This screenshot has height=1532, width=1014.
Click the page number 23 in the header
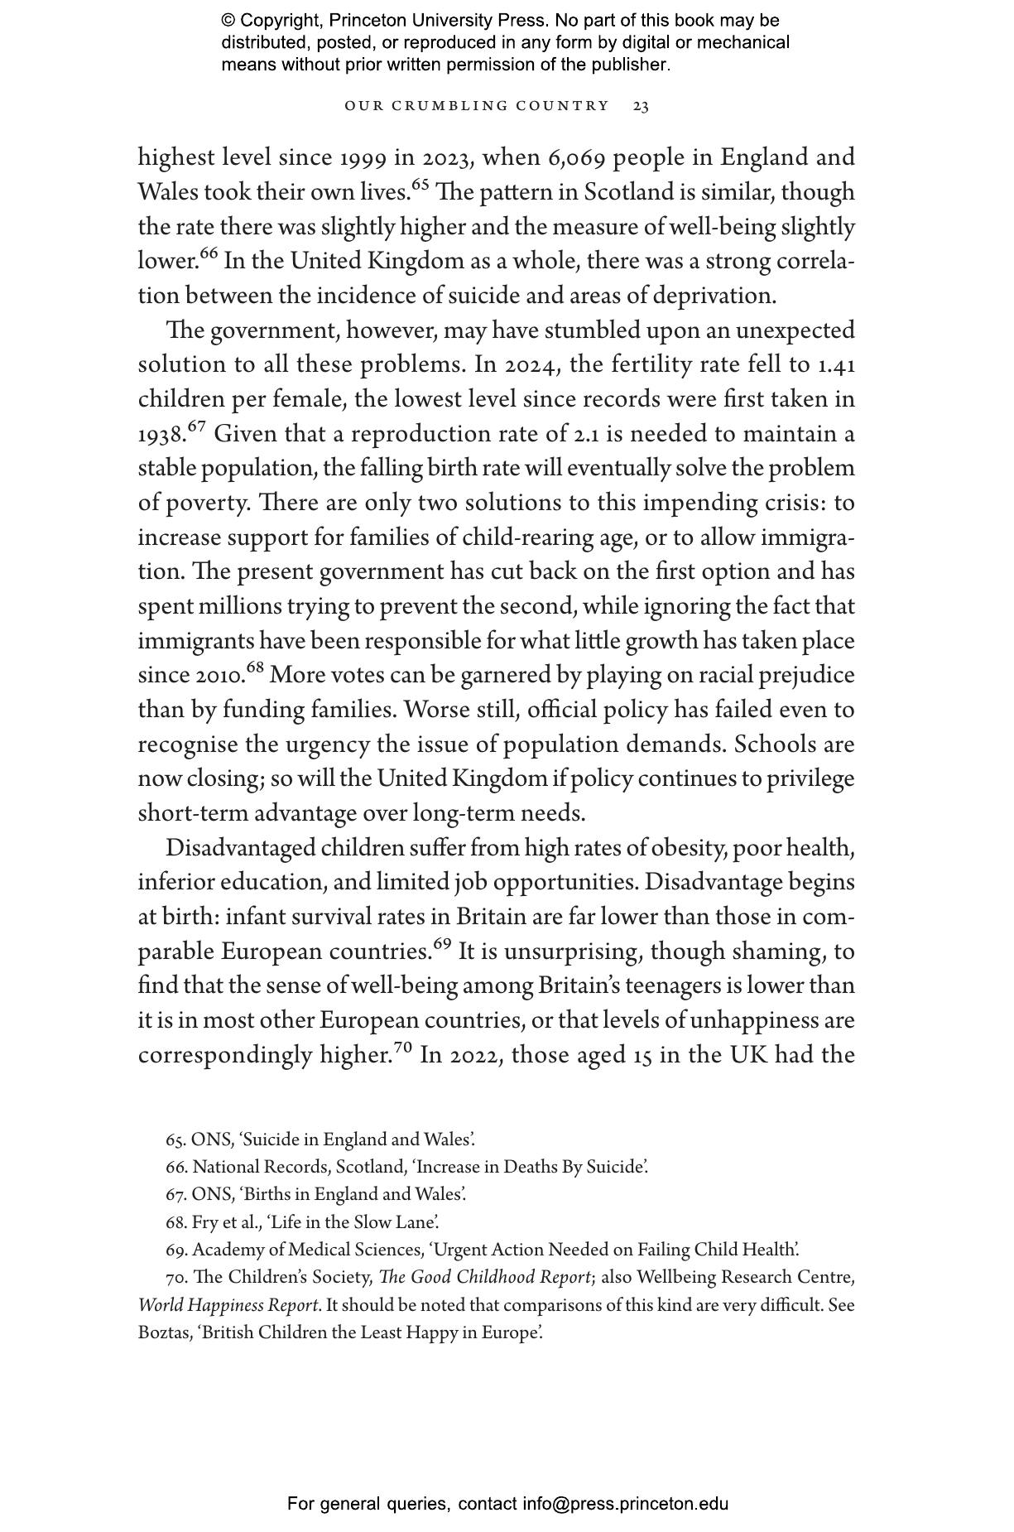(641, 106)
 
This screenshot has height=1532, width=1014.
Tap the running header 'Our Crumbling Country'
(477, 106)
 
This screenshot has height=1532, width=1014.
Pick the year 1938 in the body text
(161, 435)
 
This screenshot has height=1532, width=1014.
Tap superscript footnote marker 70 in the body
(402, 1048)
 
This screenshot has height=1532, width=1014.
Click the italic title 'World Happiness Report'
(228, 1305)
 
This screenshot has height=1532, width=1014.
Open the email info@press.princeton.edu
(625, 1504)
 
